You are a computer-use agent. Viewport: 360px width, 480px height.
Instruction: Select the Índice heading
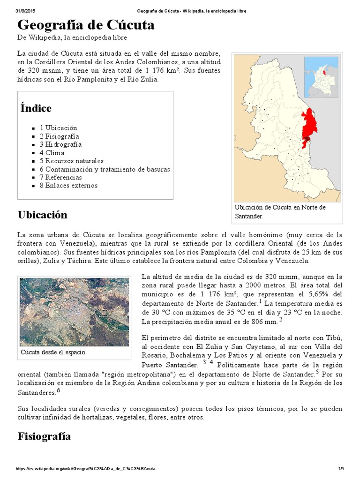click(36, 108)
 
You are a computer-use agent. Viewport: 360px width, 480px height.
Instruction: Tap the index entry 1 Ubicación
click(58, 128)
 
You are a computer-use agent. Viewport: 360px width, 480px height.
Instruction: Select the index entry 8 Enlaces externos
click(68, 186)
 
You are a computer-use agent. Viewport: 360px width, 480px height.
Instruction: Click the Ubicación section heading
click(42, 215)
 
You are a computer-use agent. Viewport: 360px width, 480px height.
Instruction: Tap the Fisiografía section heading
click(44, 436)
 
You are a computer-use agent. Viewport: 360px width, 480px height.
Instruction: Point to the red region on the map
click(309, 127)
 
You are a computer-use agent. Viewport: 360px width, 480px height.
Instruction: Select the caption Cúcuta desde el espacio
click(53, 352)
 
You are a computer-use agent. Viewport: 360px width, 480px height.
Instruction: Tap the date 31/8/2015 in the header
click(26, 10)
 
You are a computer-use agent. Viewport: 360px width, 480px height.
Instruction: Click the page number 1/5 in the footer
click(341, 469)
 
